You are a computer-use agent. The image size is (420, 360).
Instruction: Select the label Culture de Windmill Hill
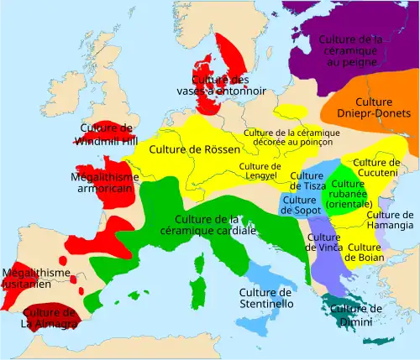(x=108, y=134)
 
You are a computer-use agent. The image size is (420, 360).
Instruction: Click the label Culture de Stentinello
(x=265, y=298)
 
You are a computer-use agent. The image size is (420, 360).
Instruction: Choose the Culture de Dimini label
(x=355, y=315)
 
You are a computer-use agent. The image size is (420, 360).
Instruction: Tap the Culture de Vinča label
(x=323, y=242)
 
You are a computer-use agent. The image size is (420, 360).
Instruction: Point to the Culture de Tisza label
(x=307, y=180)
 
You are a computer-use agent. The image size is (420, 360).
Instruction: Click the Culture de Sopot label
(x=298, y=206)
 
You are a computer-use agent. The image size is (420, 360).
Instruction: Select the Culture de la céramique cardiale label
(x=210, y=226)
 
